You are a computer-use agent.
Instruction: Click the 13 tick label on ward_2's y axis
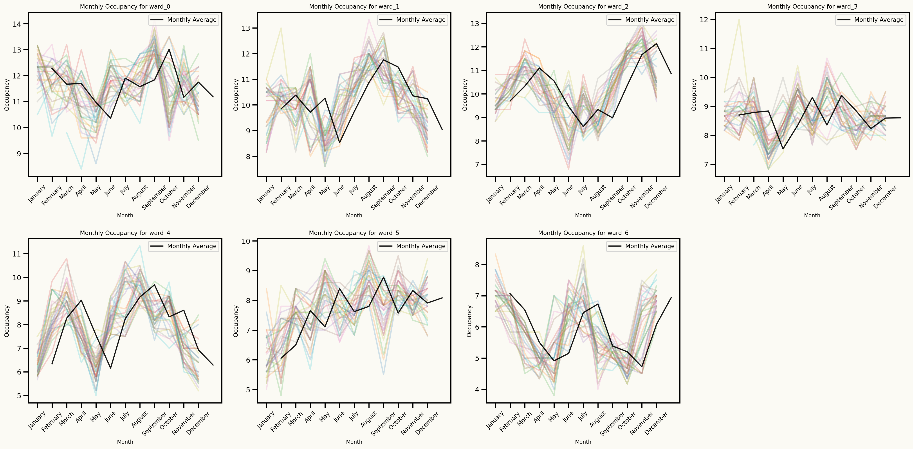tap(475, 24)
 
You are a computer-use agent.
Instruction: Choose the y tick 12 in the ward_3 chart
tap(704, 20)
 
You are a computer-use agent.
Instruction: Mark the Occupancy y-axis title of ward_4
tap(7, 321)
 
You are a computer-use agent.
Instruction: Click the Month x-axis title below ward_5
tap(354, 442)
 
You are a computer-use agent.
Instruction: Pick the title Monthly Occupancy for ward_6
tap(583, 233)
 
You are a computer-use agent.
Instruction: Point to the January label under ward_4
tap(37, 420)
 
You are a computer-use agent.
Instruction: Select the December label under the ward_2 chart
tap(656, 196)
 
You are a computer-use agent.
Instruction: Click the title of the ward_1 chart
tap(354, 6)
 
